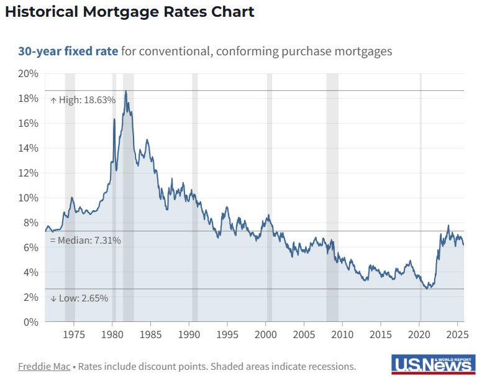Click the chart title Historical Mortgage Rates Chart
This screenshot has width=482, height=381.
tap(130, 12)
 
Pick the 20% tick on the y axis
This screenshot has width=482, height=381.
tap(29, 73)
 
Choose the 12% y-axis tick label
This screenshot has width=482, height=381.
tap(29, 173)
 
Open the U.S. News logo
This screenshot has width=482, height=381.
tap(432, 364)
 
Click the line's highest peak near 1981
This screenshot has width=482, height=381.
tap(125, 91)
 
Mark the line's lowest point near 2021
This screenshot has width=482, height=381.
tap(427, 288)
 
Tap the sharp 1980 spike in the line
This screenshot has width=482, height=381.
tap(114, 119)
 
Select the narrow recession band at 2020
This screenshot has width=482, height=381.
tap(421, 186)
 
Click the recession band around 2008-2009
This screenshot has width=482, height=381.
tap(332, 186)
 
